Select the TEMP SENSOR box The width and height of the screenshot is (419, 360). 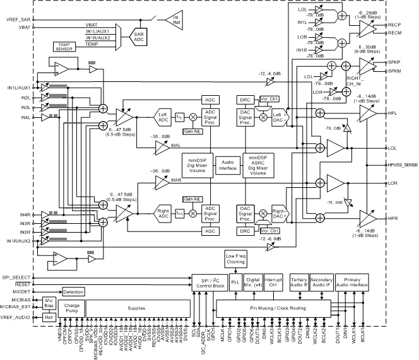coord(64,46)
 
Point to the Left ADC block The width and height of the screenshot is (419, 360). coord(146,116)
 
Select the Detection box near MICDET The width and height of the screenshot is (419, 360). coord(73,292)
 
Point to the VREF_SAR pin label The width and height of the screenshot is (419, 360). coord(18,19)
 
